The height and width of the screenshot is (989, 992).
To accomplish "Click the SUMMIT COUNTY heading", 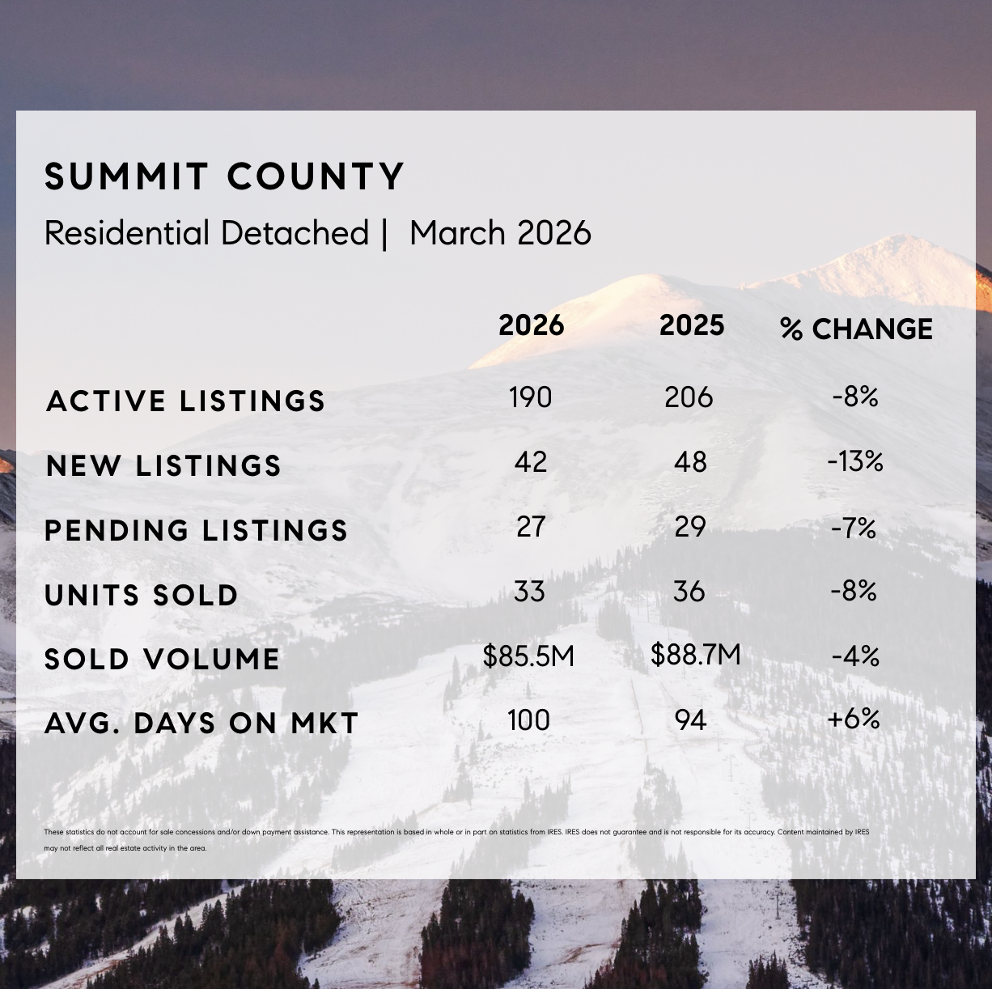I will click(x=224, y=176).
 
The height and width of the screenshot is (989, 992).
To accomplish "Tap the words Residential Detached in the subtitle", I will click(x=206, y=233).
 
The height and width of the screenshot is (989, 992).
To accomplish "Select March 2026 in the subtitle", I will click(x=500, y=233).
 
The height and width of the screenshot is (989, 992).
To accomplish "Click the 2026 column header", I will click(x=531, y=325).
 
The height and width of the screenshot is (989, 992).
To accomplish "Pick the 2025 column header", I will click(x=691, y=325).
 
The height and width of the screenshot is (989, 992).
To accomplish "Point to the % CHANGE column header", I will click(x=856, y=329).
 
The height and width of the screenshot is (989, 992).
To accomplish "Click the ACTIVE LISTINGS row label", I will click(x=185, y=401).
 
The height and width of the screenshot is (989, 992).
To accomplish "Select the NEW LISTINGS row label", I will click(x=163, y=465).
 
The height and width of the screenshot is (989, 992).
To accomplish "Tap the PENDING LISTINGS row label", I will click(x=196, y=530).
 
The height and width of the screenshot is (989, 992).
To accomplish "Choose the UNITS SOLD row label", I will click(x=141, y=595).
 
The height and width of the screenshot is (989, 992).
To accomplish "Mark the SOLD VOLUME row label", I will click(x=162, y=659).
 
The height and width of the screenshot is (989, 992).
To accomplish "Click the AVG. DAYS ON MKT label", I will click(x=201, y=723).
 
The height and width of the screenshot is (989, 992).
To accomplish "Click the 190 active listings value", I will click(x=530, y=397).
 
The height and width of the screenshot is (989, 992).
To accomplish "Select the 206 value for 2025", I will click(x=689, y=397).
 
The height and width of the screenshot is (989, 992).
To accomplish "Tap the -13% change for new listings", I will click(x=854, y=461).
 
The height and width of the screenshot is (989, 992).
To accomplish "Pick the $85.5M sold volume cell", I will click(x=528, y=656).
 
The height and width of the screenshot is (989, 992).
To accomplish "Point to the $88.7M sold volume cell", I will click(x=695, y=654).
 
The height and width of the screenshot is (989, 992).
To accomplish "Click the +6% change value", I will click(x=854, y=718).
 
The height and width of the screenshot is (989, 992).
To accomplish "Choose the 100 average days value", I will click(x=528, y=719).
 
